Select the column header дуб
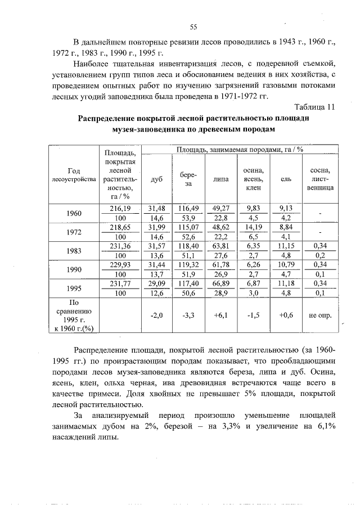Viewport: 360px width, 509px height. tap(157, 179)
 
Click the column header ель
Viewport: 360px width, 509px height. tap(285, 179)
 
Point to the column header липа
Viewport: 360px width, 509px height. tap(220, 179)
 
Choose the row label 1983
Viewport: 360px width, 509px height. tap(74, 251)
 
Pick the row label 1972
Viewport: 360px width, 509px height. tap(74, 232)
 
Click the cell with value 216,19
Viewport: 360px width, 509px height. tap(119, 208)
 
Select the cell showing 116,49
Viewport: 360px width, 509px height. tap(188, 208)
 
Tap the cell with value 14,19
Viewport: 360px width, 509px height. tap(253, 227)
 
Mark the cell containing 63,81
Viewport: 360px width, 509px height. tap(220, 246)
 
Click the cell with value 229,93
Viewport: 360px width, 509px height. tap(119, 265)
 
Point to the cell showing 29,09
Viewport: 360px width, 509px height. tap(157, 284)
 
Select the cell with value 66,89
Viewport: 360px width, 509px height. tap(220, 284)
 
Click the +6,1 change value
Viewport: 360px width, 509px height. tap(220, 316)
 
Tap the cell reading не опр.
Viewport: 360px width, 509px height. tap(320, 316)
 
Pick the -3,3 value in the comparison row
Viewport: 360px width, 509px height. tap(188, 316)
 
